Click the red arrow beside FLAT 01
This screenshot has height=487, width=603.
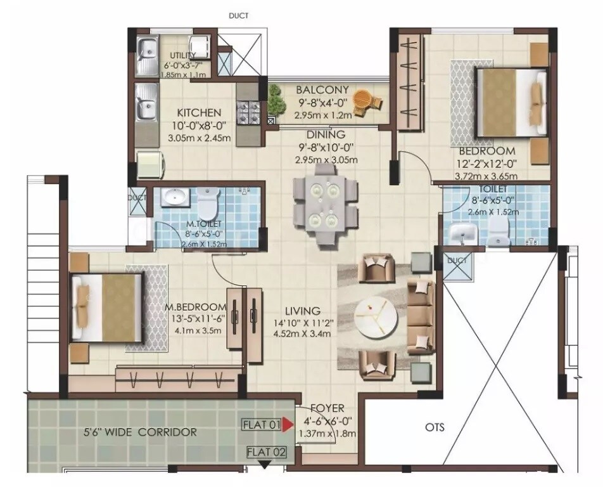[x=288, y=425]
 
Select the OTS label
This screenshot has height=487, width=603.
[x=435, y=427]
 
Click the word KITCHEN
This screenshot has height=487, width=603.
[x=199, y=112]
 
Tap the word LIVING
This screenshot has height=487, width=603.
[x=302, y=311]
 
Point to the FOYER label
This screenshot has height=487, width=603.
[x=327, y=409]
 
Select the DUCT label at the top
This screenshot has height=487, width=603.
[x=239, y=16]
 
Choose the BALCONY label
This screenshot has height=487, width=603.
[x=322, y=89]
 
